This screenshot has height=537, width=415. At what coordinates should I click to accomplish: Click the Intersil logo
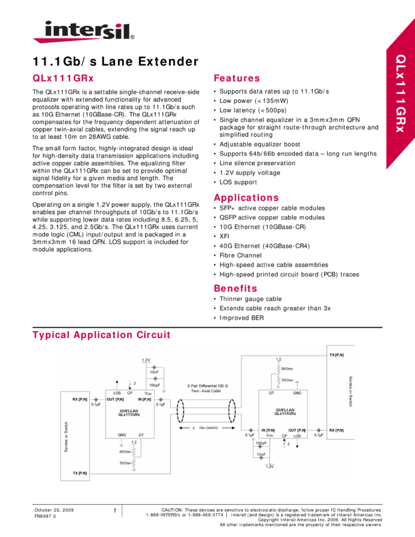click(x=83, y=32)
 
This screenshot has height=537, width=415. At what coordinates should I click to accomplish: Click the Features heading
click(x=237, y=78)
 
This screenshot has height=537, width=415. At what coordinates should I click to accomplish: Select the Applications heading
click(x=246, y=198)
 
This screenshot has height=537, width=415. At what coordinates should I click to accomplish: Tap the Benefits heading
click(x=236, y=289)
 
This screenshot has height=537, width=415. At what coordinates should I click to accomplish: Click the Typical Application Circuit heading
click(x=101, y=335)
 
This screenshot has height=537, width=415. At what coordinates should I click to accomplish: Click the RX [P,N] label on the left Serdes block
click(x=80, y=399)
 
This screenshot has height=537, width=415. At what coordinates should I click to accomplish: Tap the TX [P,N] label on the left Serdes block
click(x=80, y=473)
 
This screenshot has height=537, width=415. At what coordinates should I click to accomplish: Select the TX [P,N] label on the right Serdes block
click(x=336, y=356)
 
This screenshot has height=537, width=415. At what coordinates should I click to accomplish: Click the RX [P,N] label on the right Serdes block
click(x=336, y=430)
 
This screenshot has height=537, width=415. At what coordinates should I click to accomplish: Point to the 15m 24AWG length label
click(x=207, y=427)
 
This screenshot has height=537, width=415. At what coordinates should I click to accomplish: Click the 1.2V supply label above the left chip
click(x=146, y=359)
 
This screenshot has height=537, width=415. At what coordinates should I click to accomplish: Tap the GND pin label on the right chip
click(x=297, y=393)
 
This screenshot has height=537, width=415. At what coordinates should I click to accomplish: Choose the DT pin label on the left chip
click(x=141, y=435)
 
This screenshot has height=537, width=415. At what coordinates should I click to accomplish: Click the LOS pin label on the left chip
click(x=117, y=393)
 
